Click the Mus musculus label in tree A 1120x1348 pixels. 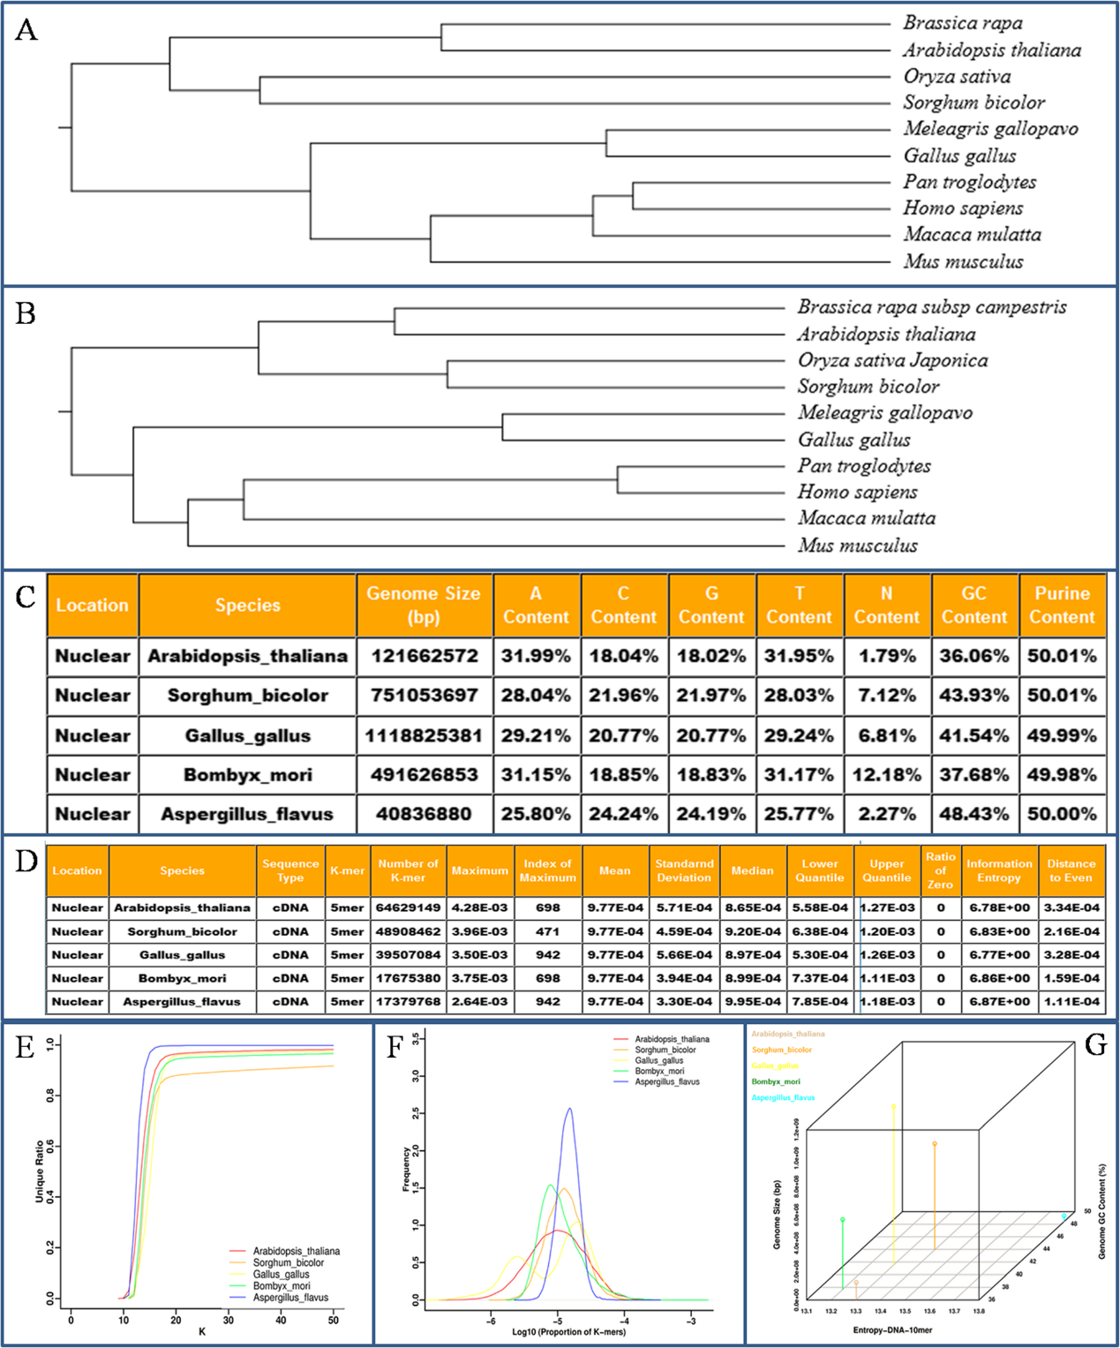click(x=963, y=261)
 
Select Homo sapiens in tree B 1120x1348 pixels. click(x=857, y=493)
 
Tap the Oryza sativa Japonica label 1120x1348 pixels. click(x=892, y=360)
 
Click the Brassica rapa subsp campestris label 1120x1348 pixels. click(x=931, y=307)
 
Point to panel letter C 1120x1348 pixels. click(x=26, y=597)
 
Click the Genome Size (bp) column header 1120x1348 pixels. click(x=424, y=606)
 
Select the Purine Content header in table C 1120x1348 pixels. click(x=1062, y=606)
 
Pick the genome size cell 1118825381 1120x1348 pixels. click(x=424, y=735)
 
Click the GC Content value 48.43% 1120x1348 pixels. click(x=973, y=814)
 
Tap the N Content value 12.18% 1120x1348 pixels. click(x=886, y=775)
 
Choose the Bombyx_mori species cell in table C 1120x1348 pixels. click(x=247, y=775)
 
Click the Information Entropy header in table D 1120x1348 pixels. click(x=998, y=871)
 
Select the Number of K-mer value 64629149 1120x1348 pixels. click(x=408, y=907)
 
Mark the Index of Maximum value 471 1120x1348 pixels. click(x=547, y=931)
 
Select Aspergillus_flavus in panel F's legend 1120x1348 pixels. click(x=666, y=1082)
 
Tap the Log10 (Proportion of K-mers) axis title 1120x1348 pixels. click(x=569, y=1332)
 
